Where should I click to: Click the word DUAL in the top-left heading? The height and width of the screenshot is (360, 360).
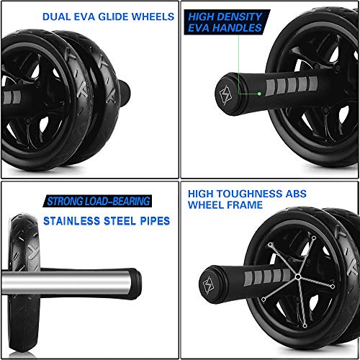[55, 16]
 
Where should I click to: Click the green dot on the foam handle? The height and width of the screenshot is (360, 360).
[259, 92]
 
